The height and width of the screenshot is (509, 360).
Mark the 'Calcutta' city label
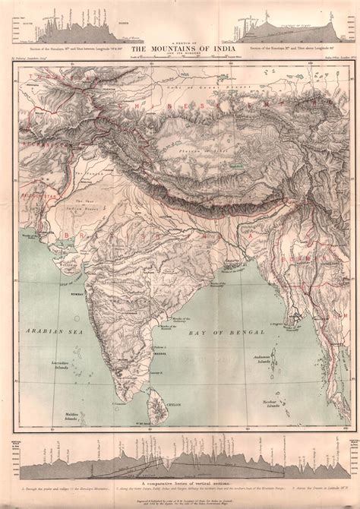tap(224, 256)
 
